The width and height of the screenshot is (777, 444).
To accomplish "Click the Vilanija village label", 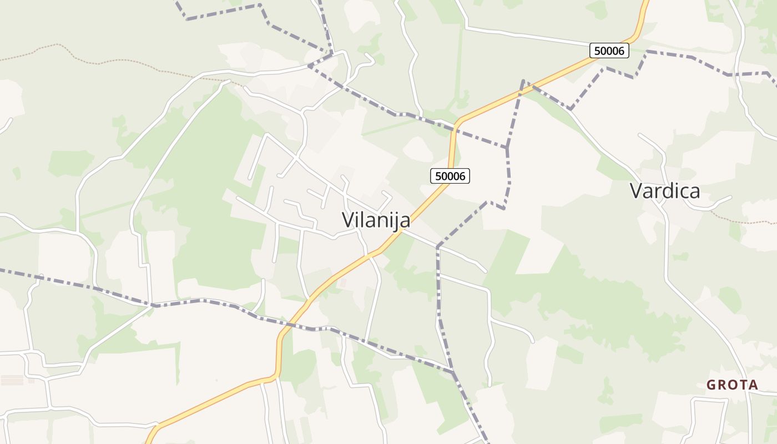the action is pos(376,220).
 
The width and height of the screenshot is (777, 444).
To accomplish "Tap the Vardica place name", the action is pos(664,191).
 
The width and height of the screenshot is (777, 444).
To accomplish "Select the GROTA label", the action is pos(732,385).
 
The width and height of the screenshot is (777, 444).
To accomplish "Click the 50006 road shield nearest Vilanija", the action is pos(450,176).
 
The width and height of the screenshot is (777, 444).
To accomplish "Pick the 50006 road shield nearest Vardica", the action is pos(609,51).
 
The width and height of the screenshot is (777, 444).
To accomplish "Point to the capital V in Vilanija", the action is pos(348,220).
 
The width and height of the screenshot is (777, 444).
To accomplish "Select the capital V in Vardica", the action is pos(636,191).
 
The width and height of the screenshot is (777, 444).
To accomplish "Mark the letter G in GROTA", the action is pos(711,385).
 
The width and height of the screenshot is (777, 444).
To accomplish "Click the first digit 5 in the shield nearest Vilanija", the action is pos(438,176).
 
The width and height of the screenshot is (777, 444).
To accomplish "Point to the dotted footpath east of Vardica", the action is pos(744,222).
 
